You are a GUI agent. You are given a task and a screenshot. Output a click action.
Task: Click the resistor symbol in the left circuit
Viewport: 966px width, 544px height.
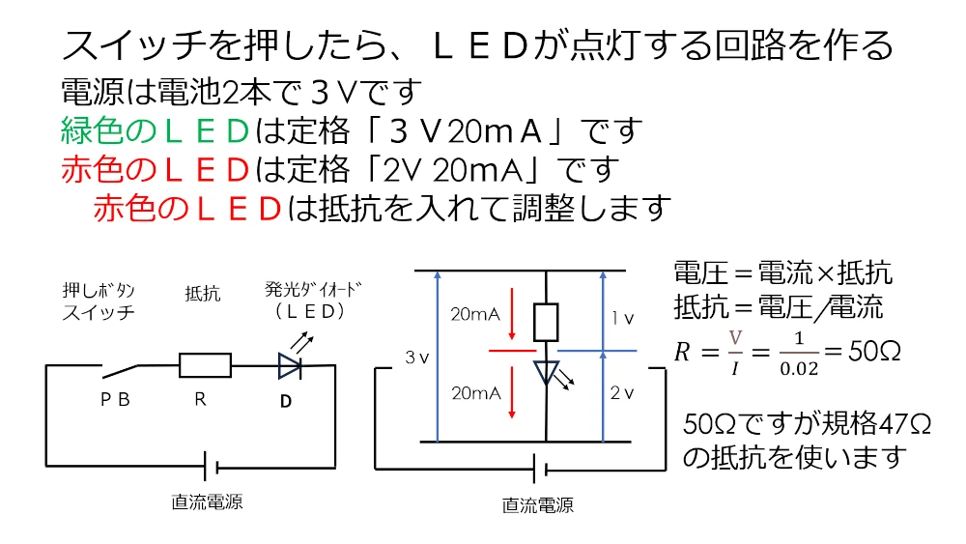(205, 365)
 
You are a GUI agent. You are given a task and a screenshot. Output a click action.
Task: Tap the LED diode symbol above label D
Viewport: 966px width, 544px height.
(289, 365)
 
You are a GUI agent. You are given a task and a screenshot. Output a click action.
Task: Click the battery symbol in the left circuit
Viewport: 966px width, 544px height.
(210, 467)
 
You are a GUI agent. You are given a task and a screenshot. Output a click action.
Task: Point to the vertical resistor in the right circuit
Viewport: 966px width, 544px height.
(547, 322)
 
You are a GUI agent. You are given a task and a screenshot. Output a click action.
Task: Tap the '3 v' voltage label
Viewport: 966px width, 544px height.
(416, 358)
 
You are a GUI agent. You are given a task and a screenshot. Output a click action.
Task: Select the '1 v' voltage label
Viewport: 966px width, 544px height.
(622, 317)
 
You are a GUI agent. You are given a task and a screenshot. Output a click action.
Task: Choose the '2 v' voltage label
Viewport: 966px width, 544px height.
(622, 393)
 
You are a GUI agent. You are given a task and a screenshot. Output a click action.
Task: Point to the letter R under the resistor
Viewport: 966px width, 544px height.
(201, 398)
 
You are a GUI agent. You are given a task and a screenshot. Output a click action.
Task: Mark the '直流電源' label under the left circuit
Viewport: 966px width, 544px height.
(207, 501)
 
